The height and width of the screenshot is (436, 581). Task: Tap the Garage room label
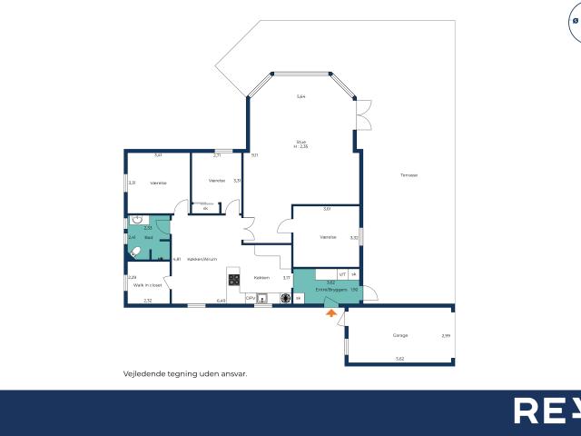coord(399,335)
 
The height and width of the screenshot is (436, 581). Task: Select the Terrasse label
coord(409,175)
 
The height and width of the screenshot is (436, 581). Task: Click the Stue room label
coord(300,143)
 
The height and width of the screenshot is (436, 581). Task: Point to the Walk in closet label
coord(146,284)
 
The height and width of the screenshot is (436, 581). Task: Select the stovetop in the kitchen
coord(233,278)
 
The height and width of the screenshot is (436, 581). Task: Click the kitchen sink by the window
coord(262,297)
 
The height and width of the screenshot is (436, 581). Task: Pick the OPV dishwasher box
coord(250,297)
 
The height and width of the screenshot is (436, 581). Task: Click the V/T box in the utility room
coord(342,273)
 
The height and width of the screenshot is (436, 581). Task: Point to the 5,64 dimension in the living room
coord(300,97)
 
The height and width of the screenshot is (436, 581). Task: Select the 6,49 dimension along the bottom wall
coord(220,301)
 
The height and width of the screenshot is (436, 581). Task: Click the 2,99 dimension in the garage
coord(445,336)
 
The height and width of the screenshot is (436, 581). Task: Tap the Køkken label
coord(261,277)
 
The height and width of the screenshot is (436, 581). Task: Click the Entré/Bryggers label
coord(327,290)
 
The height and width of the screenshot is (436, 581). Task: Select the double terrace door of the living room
coord(364,116)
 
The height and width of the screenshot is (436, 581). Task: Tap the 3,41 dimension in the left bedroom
coord(158,155)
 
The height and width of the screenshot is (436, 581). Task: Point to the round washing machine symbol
coord(298,297)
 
